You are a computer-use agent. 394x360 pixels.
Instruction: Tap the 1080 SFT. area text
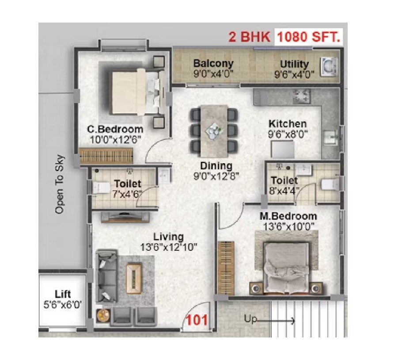(309, 36)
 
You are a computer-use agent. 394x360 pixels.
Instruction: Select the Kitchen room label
(288, 123)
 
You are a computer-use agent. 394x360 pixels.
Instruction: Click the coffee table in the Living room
(134, 275)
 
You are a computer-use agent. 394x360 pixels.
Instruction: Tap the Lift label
(63, 294)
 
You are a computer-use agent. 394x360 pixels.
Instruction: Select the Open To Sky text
(60, 184)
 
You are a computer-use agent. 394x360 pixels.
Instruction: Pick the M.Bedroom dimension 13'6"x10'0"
(288, 226)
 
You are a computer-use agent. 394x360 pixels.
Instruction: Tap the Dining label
(216, 166)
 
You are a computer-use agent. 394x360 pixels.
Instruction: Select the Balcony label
(213, 64)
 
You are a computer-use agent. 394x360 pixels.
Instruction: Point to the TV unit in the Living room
(125, 216)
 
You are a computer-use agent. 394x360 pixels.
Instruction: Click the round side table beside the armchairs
(102, 315)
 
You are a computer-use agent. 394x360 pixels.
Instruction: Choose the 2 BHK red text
(249, 36)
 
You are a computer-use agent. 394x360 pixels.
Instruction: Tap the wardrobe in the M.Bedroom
(225, 268)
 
